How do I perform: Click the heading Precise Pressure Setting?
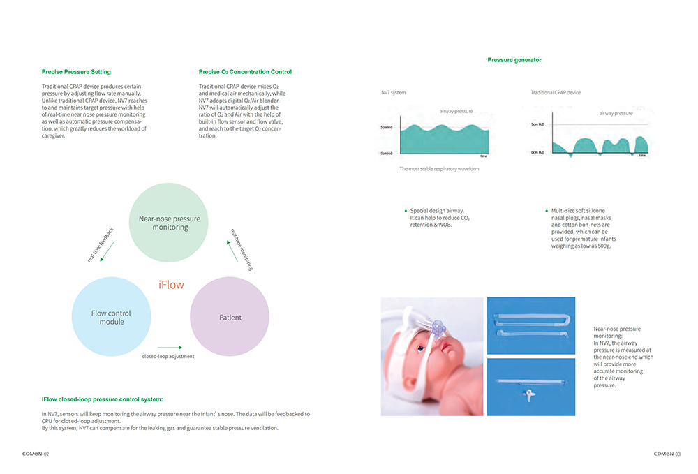[76, 72]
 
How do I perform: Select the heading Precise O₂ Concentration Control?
[245, 72]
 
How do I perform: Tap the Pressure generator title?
[514, 60]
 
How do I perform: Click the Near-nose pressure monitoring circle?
[169, 223]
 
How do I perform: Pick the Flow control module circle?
[111, 317]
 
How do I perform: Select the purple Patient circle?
[230, 318]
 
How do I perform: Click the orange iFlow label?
[171, 285]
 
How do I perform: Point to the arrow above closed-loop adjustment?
[170, 346]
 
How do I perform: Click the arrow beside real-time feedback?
[107, 252]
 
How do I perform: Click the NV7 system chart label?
[393, 93]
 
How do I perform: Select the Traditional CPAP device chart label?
[555, 93]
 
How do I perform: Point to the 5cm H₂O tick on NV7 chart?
[387, 128]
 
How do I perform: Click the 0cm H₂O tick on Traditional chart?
[538, 152]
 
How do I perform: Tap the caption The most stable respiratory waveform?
[439, 169]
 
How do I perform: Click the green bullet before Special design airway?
[406, 211]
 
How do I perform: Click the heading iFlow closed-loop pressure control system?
[102, 399]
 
